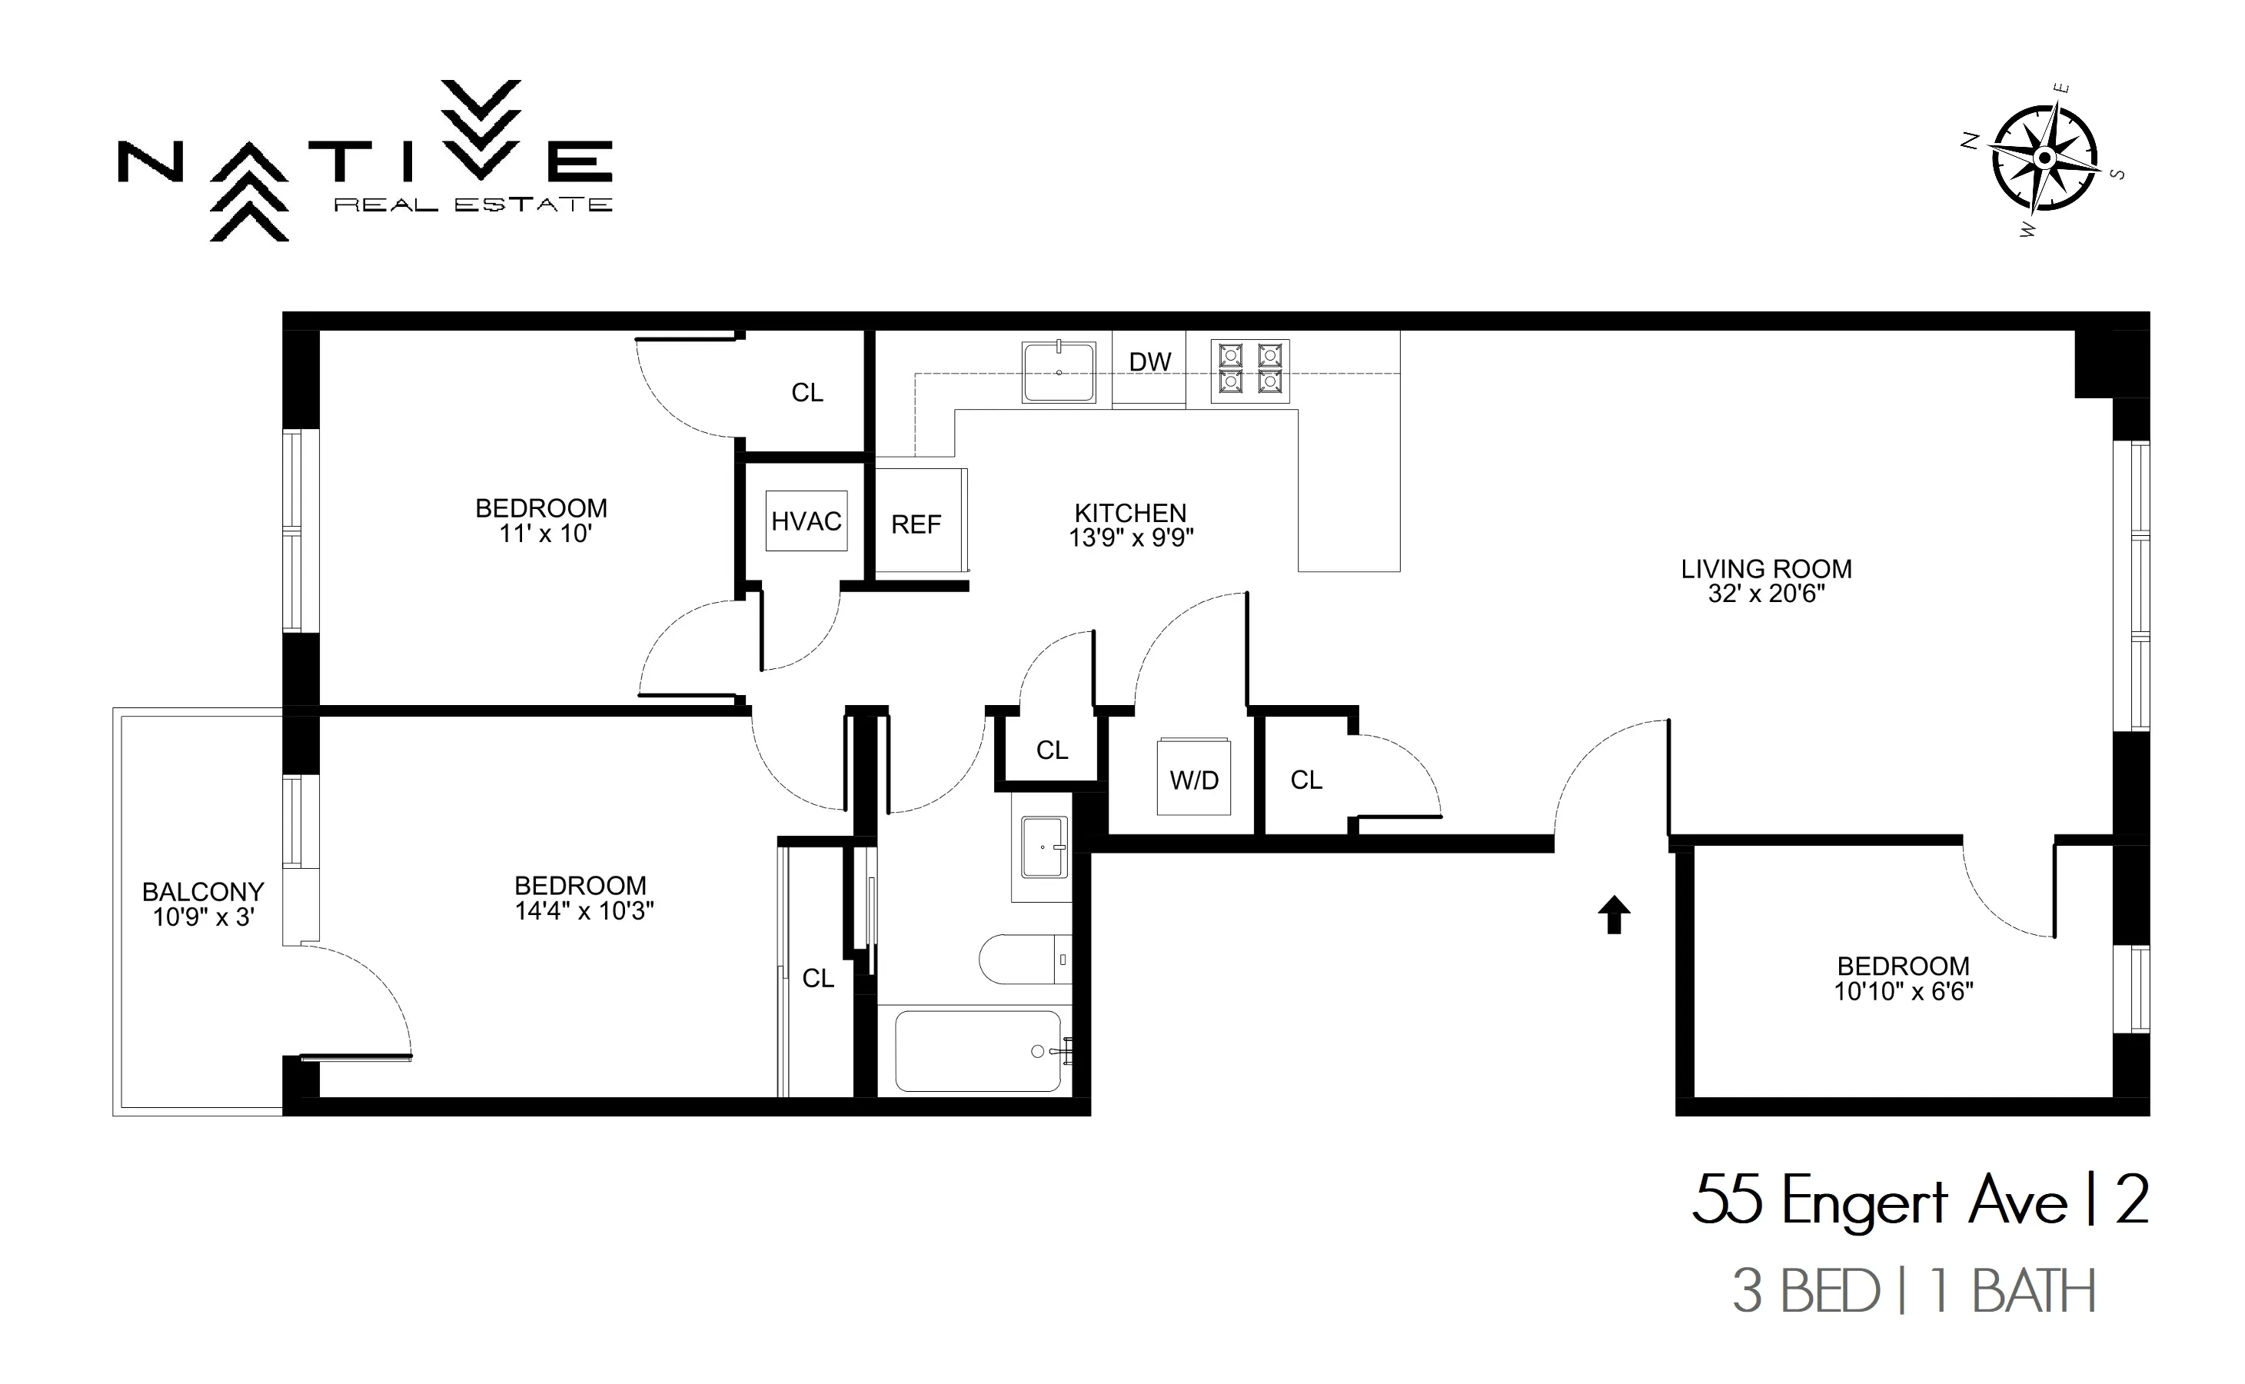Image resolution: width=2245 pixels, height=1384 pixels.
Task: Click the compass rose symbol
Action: tap(2044, 158)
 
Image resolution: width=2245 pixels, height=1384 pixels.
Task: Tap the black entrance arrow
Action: tap(1614, 914)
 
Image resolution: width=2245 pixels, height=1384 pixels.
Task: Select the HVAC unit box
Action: tap(807, 521)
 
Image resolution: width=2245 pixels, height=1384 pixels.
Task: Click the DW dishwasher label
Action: tap(1149, 362)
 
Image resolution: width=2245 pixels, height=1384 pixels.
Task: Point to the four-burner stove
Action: tap(1249, 369)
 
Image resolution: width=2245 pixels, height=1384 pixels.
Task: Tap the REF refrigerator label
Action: tap(916, 524)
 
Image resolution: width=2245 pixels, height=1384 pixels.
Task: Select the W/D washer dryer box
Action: tap(1193, 779)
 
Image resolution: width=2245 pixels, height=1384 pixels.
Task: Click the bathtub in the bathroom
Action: tap(977, 1052)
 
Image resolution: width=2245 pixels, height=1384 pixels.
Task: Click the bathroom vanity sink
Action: tap(1043, 847)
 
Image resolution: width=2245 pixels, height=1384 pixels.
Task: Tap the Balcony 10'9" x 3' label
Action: tap(203, 904)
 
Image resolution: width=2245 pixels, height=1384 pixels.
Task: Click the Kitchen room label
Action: tap(1130, 513)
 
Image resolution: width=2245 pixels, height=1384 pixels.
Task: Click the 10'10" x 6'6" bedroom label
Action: tap(1903, 979)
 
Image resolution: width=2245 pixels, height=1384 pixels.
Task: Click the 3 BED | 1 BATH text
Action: tap(1913, 1292)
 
